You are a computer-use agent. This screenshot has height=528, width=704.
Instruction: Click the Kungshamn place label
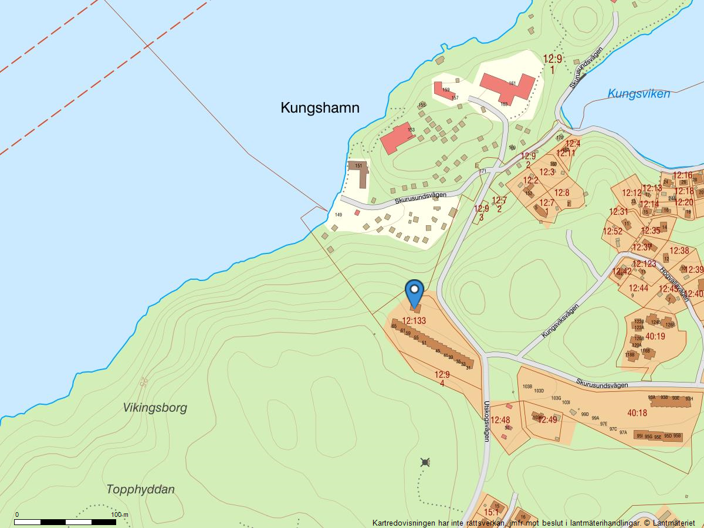tap(320, 108)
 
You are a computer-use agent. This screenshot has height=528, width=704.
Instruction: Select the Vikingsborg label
tap(155, 408)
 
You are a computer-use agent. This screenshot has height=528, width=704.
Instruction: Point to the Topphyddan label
tap(141, 489)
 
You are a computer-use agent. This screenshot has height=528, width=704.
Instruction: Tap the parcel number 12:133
tap(414, 321)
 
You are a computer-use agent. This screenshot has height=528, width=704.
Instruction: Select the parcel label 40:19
tap(655, 336)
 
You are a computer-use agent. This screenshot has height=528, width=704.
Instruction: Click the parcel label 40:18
tap(637, 413)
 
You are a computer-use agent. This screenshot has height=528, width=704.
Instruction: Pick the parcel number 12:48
tap(500, 420)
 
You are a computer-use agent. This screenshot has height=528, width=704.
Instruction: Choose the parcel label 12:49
tap(547, 420)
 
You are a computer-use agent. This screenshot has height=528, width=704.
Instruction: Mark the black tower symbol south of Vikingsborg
tap(425, 462)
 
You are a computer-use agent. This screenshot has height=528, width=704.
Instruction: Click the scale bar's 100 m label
tap(120, 515)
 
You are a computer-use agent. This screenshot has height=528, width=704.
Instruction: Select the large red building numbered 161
tap(507, 86)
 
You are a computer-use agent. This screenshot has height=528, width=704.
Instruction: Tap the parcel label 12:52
tap(612, 231)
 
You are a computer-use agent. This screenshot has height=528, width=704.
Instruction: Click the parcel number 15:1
tap(490, 512)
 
